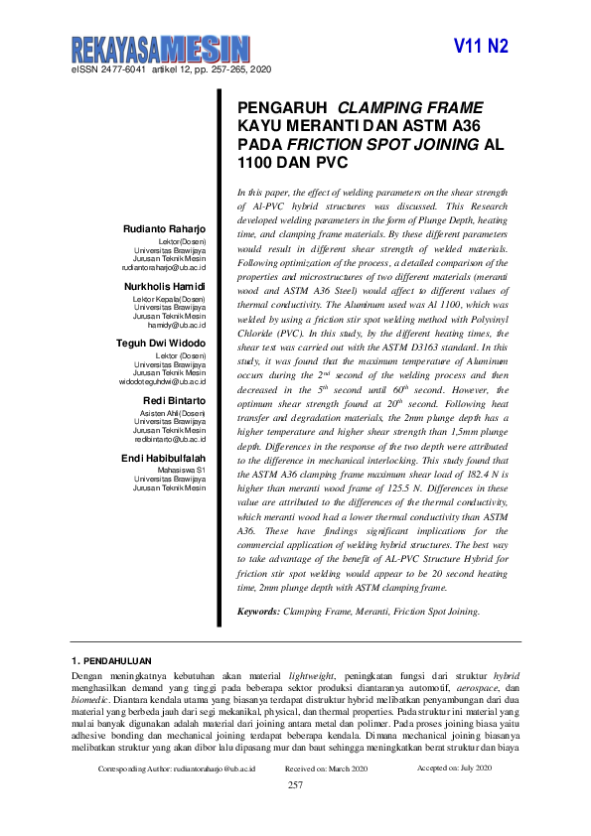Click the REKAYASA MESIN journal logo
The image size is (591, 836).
160,47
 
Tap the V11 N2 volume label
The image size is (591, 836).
481,47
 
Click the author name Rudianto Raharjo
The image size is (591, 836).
164,229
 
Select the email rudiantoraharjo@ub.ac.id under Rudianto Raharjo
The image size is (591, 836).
164,268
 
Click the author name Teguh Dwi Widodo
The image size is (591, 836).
162,343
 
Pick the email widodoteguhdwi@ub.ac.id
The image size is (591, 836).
162,380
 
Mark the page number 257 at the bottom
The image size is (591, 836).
295,785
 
